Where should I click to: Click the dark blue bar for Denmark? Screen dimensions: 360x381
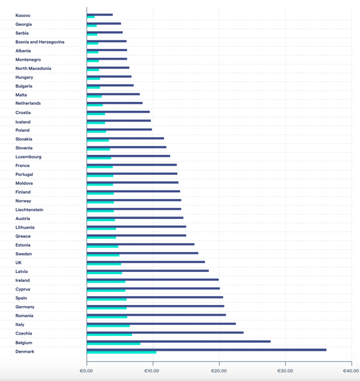206,350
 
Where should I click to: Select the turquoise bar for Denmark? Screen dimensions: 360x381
122,352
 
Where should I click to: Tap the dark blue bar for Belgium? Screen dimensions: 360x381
178,341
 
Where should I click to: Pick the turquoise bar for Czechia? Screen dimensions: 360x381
109,335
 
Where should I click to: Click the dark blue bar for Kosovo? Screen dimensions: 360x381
99,14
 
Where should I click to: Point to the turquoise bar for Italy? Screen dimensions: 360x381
108,326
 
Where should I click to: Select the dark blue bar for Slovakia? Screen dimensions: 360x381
125,138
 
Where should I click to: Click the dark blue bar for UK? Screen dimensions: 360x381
146,262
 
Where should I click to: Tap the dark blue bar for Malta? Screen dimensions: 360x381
113,94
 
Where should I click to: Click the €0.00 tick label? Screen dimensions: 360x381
86,371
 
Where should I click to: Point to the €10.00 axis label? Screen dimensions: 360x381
152,371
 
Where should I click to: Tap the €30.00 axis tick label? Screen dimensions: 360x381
285,371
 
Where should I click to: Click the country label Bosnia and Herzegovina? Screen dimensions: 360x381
40,42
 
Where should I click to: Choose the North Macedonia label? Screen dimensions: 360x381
33,69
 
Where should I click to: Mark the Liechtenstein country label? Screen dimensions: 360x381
30,210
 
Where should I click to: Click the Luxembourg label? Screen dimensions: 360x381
28,157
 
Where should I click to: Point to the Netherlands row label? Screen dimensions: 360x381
28,103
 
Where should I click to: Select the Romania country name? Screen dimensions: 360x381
24,316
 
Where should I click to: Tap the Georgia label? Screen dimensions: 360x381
24,24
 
